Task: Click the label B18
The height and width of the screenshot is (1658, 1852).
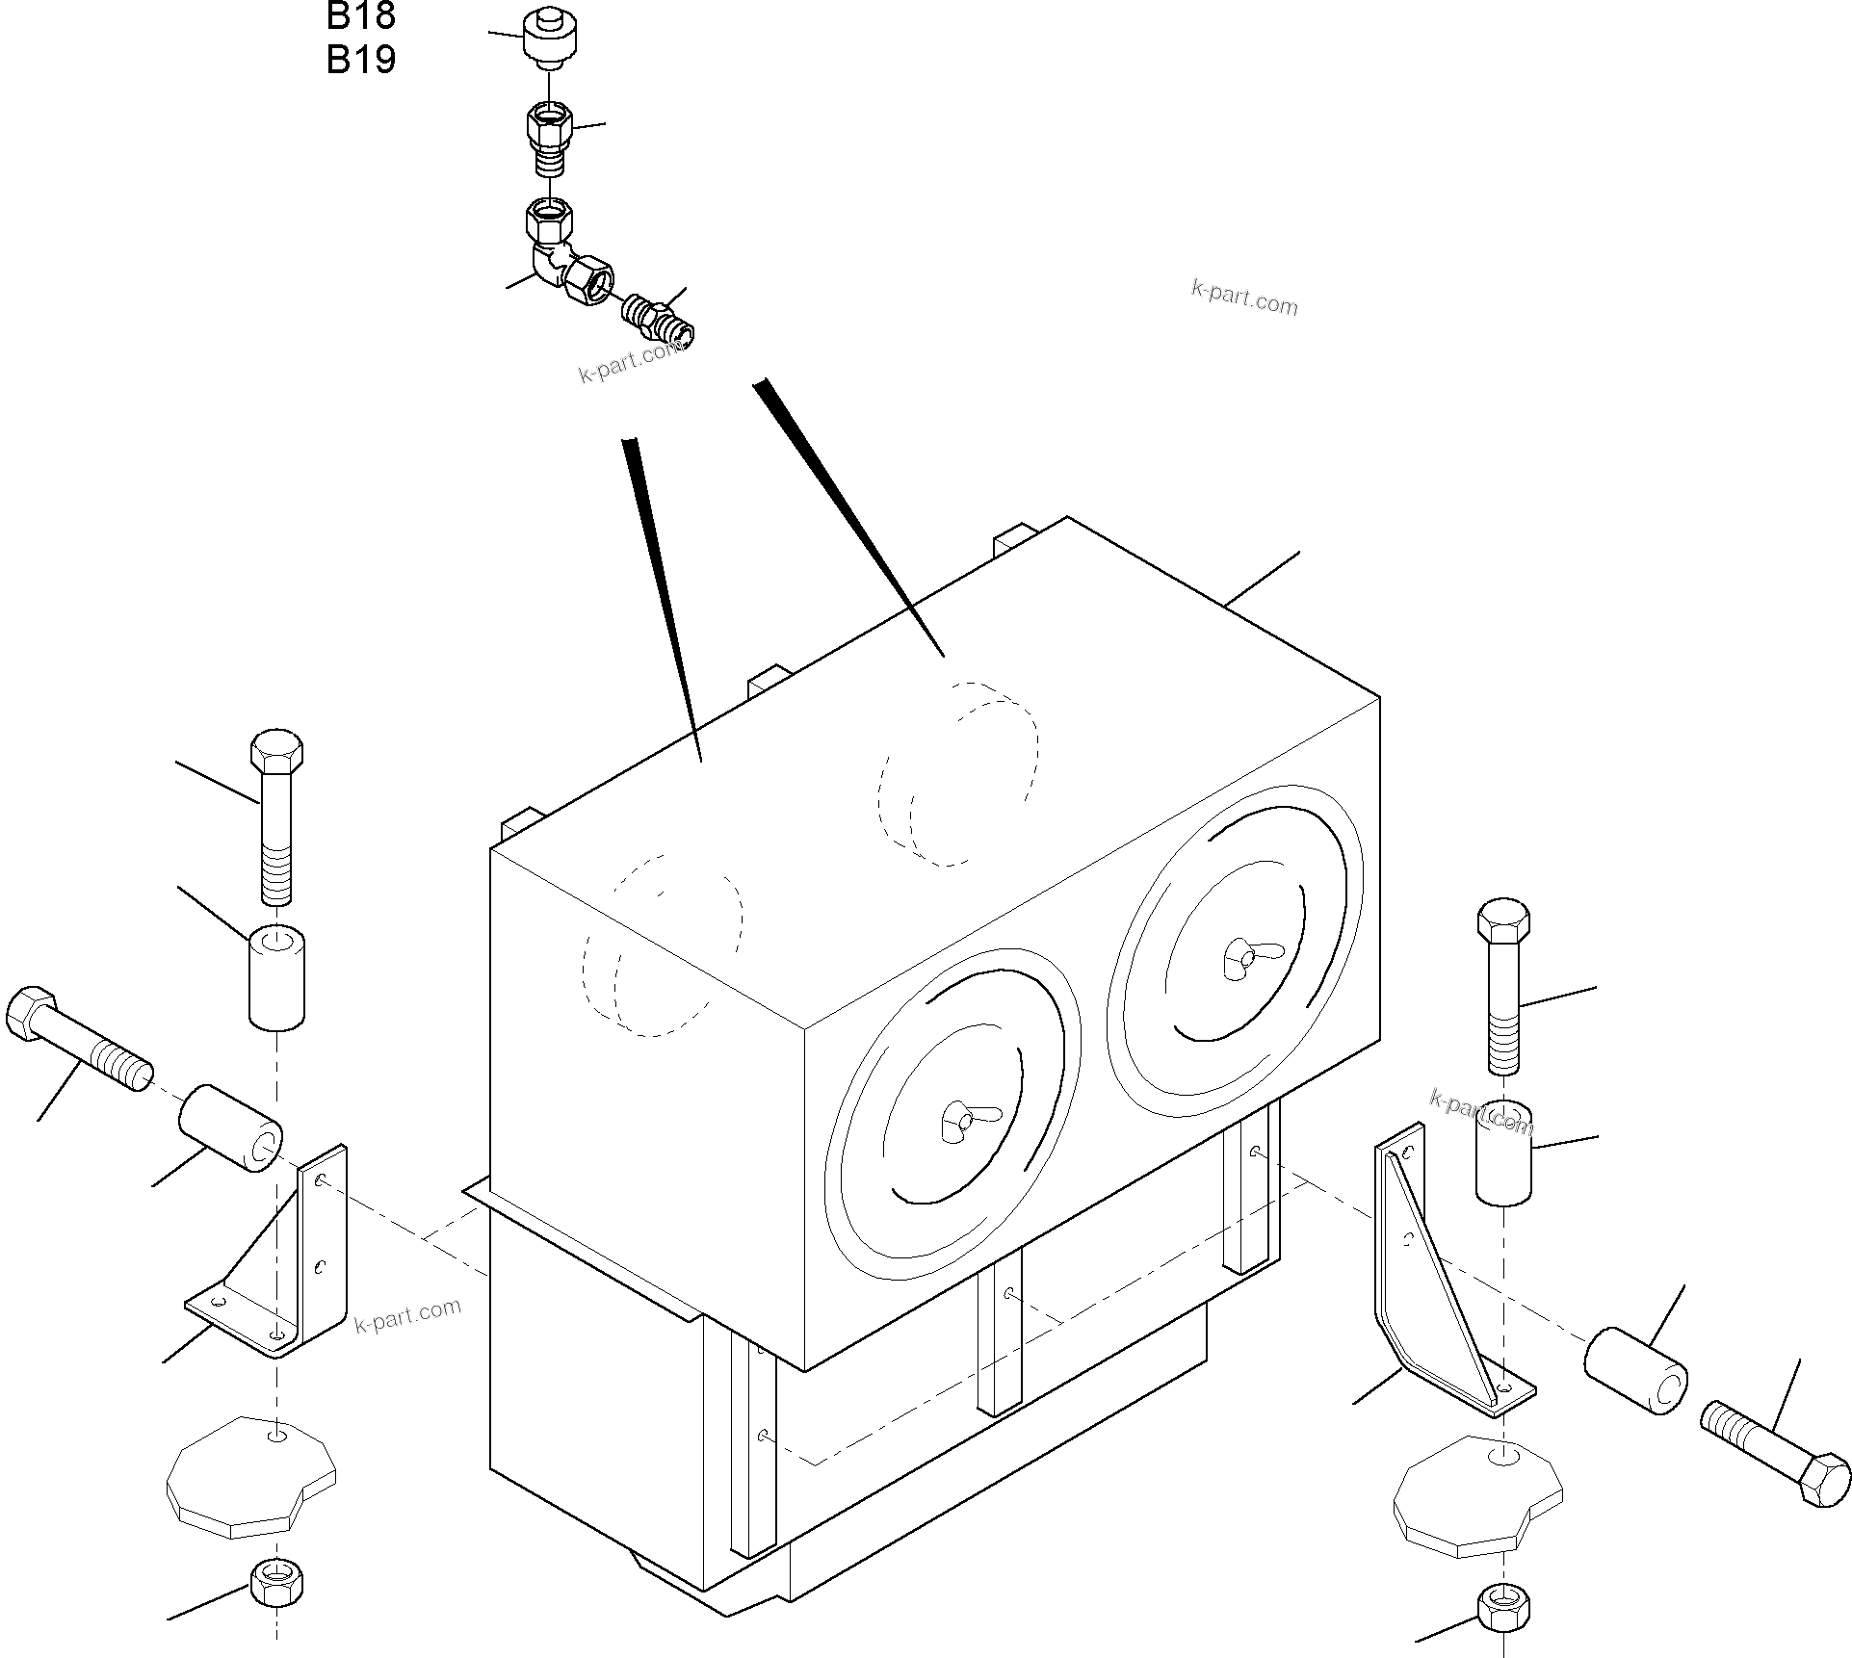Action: click(360, 15)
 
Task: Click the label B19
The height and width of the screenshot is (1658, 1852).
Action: click(360, 60)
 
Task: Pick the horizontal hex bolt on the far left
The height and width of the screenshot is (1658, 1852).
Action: click(77, 1039)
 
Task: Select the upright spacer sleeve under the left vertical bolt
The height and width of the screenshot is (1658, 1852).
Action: click(277, 976)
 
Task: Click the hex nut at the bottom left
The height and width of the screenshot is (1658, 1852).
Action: click(276, 1581)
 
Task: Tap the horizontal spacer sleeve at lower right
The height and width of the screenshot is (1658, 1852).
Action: click(1635, 1371)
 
